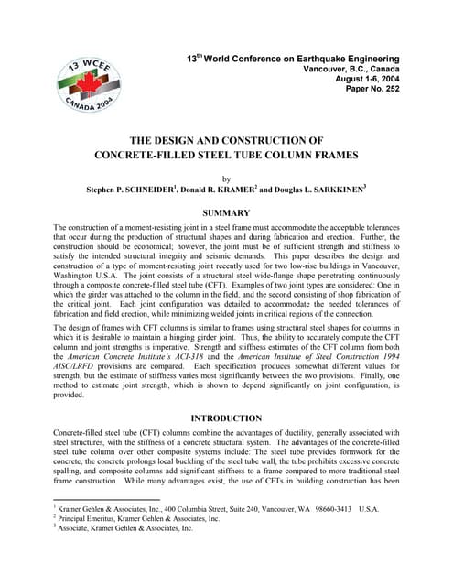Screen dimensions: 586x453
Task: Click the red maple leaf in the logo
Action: [88, 81]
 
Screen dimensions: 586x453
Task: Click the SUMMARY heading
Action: [226, 212]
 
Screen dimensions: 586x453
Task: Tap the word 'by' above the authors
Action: [227, 179]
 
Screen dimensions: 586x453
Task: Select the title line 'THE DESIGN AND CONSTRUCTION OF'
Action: [226, 139]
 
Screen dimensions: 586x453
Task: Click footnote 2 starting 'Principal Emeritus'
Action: [137, 518]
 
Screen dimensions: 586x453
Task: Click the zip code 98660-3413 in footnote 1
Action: [327, 508]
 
